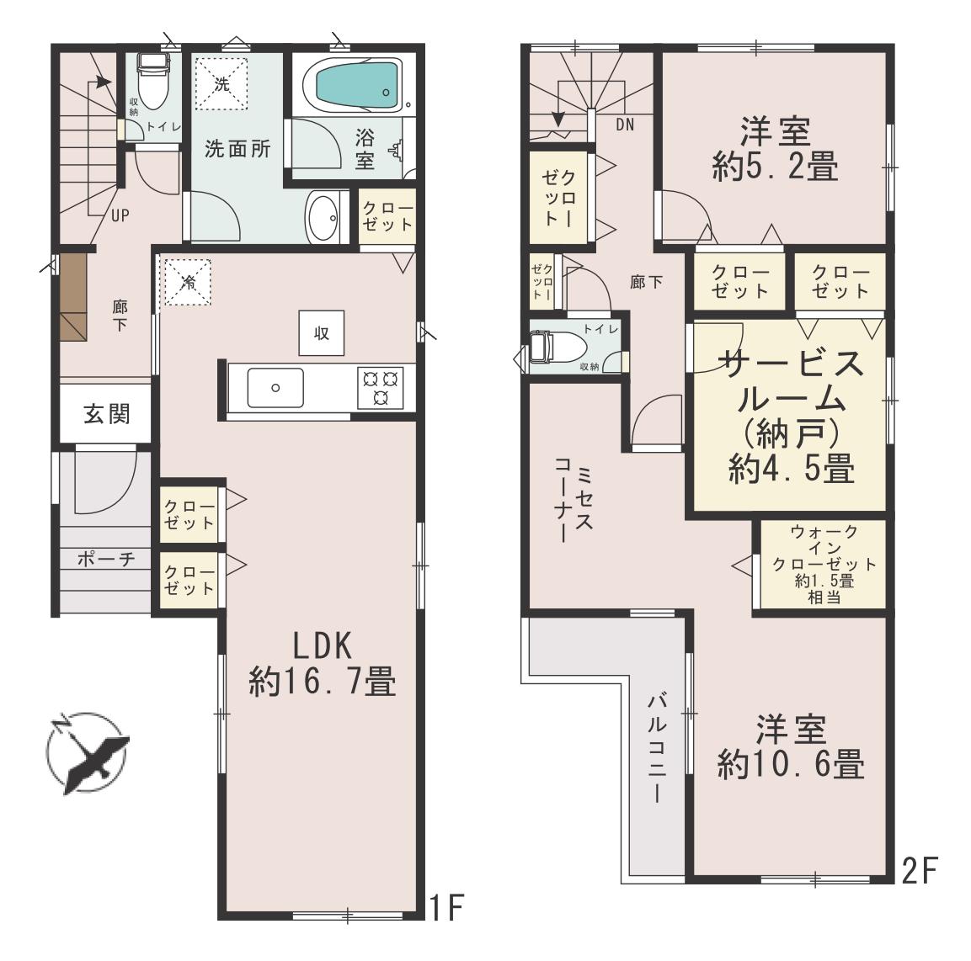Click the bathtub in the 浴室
pyautogui.click(x=357, y=85)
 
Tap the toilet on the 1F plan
pyautogui.click(x=152, y=81)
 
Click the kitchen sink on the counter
pyautogui.click(x=275, y=387)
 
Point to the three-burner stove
pyautogui.click(x=380, y=387)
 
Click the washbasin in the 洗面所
pyautogui.click(x=323, y=217)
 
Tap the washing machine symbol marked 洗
pyautogui.click(x=221, y=83)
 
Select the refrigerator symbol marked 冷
pyautogui.click(x=187, y=283)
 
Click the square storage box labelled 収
pyautogui.click(x=322, y=333)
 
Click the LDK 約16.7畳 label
pyautogui.click(x=322, y=664)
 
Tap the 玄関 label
pyautogui.click(x=107, y=413)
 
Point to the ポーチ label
pyautogui.click(x=106, y=559)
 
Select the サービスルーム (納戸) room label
pyautogui.click(x=792, y=416)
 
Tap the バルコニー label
pyautogui.click(x=657, y=749)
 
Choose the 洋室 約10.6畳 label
pyautogui.click(x=791, y=747)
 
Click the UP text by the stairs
pyautogui.click(x=120, y=215)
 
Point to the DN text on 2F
pyautogui.click(x=626, y=125)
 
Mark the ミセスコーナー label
pyautogui.click(x=574, y=500)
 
